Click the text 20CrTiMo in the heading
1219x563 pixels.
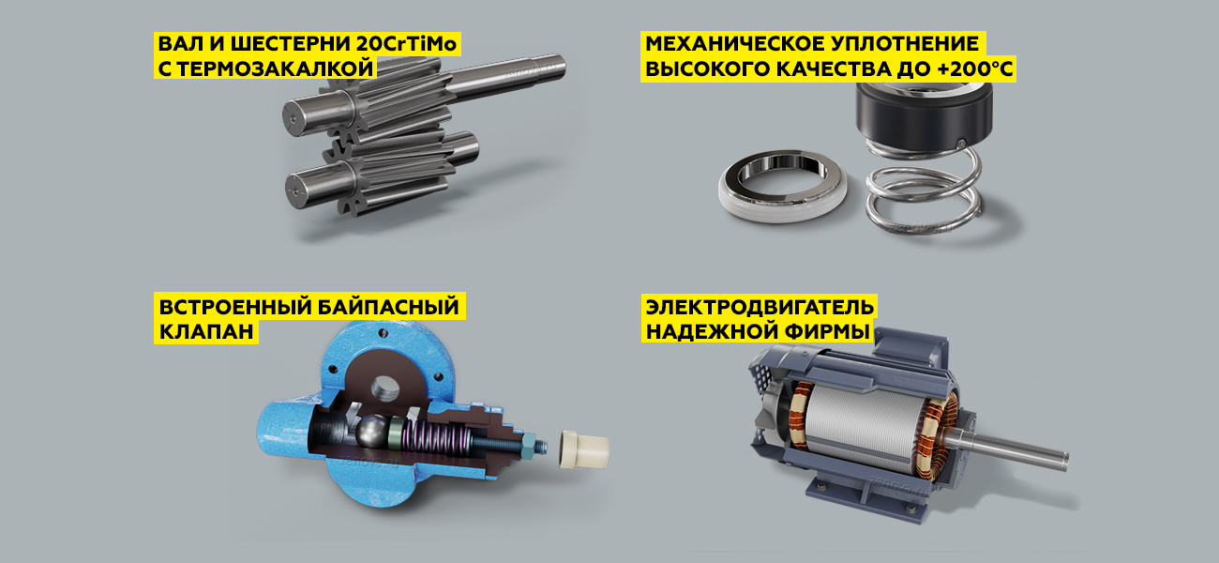tap(407, 43)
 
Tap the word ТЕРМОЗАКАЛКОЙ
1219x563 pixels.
tap(275, 68)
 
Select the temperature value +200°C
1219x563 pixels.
tap(975, 69)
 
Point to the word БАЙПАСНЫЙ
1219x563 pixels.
tap(388, 307)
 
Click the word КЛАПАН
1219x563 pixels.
tap(206, 331)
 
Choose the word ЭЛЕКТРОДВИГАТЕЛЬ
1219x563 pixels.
tap(760, 307)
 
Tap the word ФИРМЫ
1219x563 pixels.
tap(829, 331)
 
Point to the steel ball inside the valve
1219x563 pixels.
tap(372, 432)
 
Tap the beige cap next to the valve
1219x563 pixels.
tap(584, 449)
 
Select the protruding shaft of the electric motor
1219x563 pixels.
tap(1012, 449)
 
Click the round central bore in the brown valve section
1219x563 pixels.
tap(385, 388)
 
